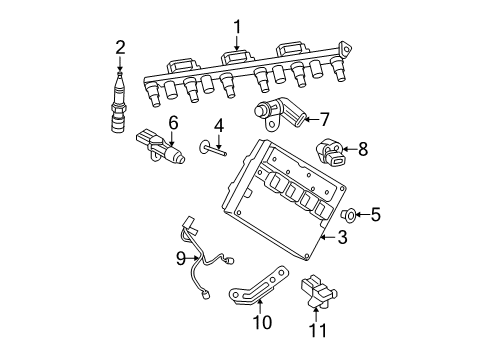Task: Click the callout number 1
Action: click(237, 27)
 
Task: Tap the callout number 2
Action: click(120, 45)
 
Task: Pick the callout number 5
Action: click(375, 213)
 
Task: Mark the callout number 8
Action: click(362, 149)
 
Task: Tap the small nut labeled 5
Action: click(350, 213)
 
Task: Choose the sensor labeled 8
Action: click(332, 153)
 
